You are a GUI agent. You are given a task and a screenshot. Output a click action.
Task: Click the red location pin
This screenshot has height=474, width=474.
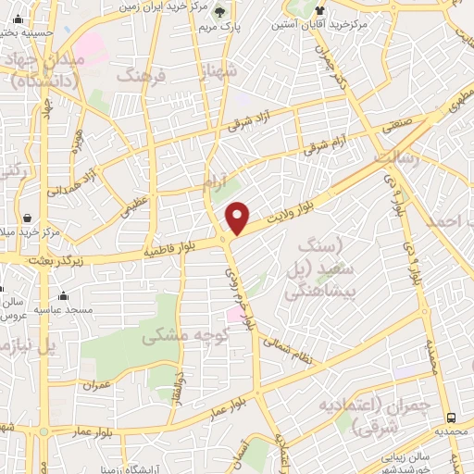(238, 217)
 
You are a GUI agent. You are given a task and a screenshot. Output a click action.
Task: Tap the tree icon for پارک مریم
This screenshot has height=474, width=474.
(219, 12)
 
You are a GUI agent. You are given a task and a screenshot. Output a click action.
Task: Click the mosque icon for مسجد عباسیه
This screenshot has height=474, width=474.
(63, 296)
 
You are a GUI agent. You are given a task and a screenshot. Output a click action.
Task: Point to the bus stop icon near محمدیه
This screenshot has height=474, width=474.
(452, 417)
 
